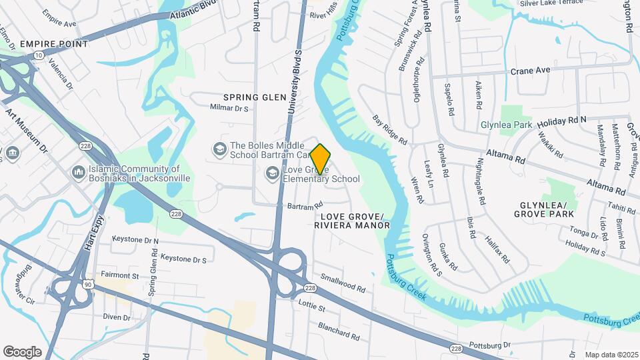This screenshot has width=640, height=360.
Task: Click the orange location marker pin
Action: point(321,159)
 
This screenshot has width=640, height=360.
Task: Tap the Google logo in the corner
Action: point(22,352)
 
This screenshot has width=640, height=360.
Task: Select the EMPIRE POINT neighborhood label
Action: point(54,44)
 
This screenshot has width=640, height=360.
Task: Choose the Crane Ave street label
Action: point(530,70)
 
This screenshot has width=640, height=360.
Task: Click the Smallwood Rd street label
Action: point(343,284)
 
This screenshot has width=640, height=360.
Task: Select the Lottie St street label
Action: point(311,307)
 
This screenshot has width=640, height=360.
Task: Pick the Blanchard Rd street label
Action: point(339,329)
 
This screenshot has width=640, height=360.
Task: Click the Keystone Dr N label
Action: point(135,239)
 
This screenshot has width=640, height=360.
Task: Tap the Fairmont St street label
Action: point(119,275)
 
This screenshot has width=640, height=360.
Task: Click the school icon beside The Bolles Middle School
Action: point(219,147)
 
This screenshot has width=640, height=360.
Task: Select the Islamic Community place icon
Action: point(79,173)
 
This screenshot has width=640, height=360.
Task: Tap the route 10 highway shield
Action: point(40,56)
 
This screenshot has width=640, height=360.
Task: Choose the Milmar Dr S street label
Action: point(229,108)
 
